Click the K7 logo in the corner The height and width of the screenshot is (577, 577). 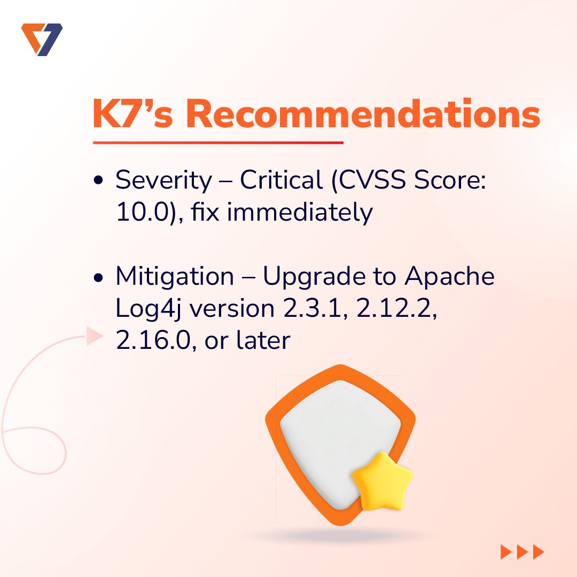pyautogui.click(x=42, y=39)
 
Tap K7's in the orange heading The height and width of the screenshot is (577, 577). pyautogui.click(x=133, y=114)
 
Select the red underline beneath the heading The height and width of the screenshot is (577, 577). pyautogui.click(x=217, y=143)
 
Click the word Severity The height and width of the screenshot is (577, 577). pyautogui.click(x=163, y=181)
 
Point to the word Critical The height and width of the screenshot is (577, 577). pyautogui.click(x=281, y=181)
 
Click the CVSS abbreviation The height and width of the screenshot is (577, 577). pyautogui.click(x=371, y=181)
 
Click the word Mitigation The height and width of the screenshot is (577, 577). pyautogui.click(x=175, y=276)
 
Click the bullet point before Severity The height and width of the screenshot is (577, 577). pyautogui.click(x=98, y=182)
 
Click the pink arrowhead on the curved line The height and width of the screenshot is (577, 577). pyautogui.click(x=94, y=337)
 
